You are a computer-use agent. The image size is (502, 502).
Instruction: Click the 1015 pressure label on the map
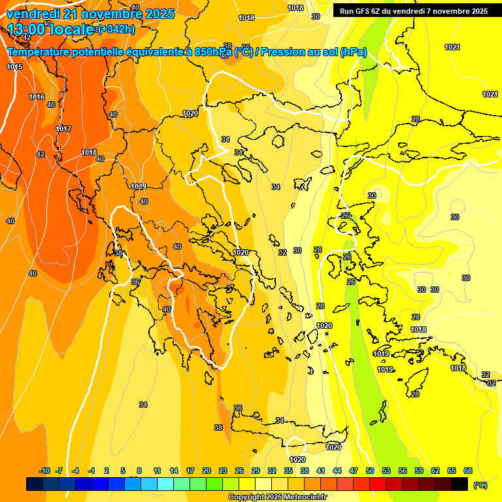[x=14, y=67]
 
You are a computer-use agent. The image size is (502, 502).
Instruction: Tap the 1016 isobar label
[x=37, y=97]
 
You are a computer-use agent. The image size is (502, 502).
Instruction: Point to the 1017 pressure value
[x=63, y=129]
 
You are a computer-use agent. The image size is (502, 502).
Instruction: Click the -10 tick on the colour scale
[x=44, y=471]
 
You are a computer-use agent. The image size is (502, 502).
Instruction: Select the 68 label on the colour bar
[x=468, y=471]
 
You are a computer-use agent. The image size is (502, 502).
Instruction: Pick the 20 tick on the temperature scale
[x=207, y=471]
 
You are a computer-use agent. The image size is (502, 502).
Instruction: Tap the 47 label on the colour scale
[x=354, y=471]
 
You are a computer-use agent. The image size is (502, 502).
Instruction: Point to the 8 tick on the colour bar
[x=139, y=471]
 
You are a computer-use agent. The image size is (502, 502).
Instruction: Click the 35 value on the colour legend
[x=288, y=471]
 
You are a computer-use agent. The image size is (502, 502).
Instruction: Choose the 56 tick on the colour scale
[x=403, y=471]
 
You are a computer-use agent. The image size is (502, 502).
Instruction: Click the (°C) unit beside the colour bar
[x=480, y=484]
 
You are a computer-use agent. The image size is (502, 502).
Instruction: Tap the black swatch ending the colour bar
[x=460, y=484]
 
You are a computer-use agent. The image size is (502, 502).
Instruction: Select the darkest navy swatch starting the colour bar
[x=35, y=484]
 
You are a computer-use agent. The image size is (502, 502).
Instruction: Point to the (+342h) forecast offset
[x=116, y=29]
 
